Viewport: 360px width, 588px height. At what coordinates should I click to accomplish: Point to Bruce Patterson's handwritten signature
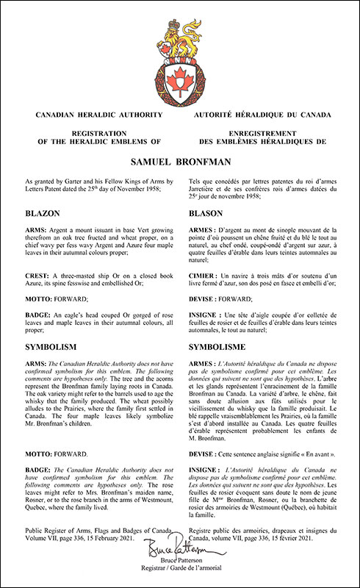[x=179, y=548]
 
